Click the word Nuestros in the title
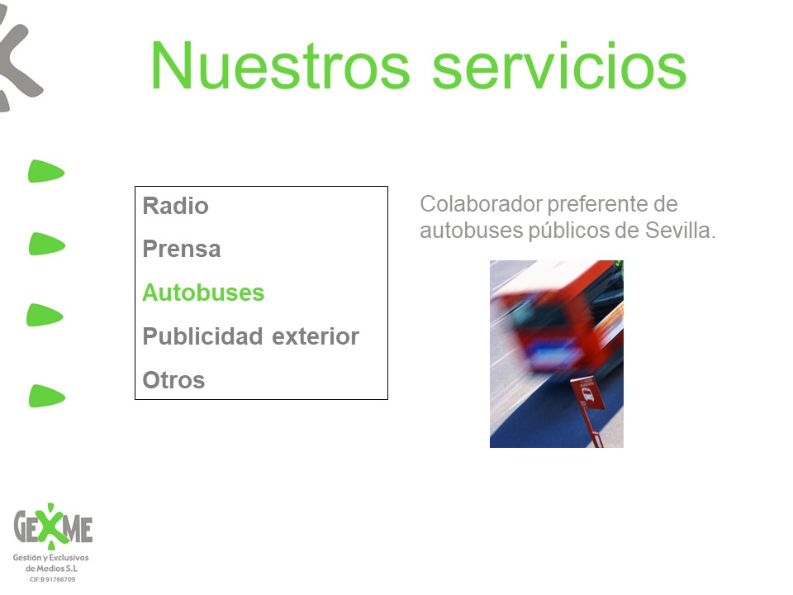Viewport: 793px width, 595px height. [280, 66]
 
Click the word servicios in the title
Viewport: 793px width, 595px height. [559, 66]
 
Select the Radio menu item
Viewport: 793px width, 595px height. [175, 206]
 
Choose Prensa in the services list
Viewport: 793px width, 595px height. [182, 249]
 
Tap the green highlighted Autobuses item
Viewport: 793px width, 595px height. [203, 293]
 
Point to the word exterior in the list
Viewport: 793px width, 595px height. [316, 336]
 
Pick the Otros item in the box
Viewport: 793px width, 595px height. [173, 380]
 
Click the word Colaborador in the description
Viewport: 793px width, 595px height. [481, 204]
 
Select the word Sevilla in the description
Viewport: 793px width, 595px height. [680, 231]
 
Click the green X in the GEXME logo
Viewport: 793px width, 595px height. [51, 526]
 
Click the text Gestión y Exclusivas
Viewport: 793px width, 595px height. [50, 558]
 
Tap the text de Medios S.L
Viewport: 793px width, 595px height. [51, 569]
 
